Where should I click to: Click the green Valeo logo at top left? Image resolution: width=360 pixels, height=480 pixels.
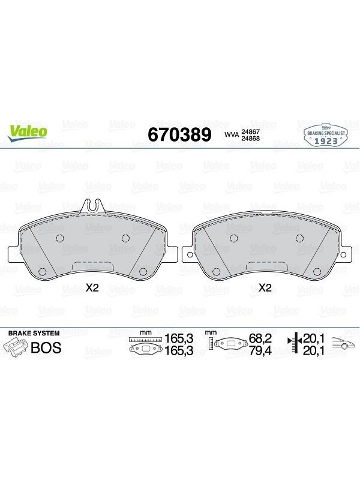click(x=27, y=133)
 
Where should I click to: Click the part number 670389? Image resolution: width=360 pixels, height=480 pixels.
click(x=179, y=134)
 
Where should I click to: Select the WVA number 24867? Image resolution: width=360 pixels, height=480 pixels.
click(x=250, y=131)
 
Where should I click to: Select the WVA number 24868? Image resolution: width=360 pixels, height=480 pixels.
click(x=250, y=138)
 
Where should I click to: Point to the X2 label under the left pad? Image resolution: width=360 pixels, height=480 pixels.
click(x=92, y=288)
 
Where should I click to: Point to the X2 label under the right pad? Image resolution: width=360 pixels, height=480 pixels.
click(x=265, y=288)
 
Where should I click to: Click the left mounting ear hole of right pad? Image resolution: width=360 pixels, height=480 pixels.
click(x=190, y=254)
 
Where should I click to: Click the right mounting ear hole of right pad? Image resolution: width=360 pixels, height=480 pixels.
click(x=343, y=254)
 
